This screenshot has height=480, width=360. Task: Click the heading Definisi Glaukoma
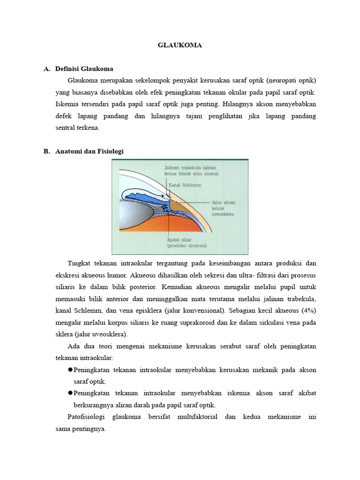pyautogui.click(x=84, y=68)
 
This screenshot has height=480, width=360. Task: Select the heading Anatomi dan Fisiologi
pyautogui.click(x=90, y=151)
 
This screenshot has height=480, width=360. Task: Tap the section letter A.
pyautogui.click(x=46, y=68)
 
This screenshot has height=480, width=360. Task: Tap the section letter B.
pyautogui.click(x=46, y=151)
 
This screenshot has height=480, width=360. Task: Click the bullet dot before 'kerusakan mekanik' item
pyautogui.click(x=71, y=370)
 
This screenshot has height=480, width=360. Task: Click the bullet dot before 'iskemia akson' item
pyautogui.click(x=71, y=393)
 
